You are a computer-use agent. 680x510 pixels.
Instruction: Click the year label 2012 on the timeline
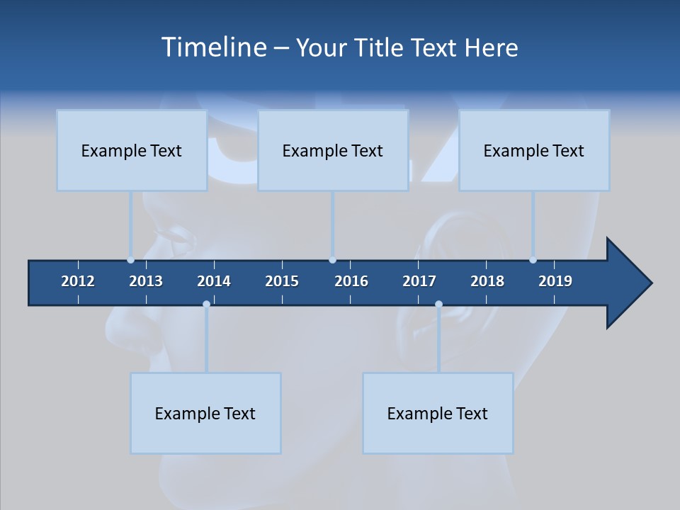pyautogui.click(x=78, y=281)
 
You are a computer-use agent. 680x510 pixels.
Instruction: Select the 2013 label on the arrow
pyautogui.click(x=146, y=281)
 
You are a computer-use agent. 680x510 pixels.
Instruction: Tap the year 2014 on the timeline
pyautogui.click(x=214, y=281)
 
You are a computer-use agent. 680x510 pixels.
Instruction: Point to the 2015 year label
pyautogui.click(x=282, y=281)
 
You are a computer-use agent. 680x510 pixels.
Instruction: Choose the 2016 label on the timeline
pyautogui.click(x=351, y=281)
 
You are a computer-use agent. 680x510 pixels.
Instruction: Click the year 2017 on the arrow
pyautogui.click(x=419, y=281)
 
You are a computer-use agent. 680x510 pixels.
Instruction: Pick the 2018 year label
pyautogui.click(x=487, y=281)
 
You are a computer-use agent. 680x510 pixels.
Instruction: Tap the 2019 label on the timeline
pyautogui.click(x=555, y=281)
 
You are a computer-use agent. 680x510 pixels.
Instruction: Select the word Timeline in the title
pyautogui.click(x=213, y=47)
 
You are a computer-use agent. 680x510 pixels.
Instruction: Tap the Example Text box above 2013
pyautogui.click(x=132, y=150)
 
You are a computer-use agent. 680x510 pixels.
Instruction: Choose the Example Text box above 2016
pyautogui.click(x=333, y=150)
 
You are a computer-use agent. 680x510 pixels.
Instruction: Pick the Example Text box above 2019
pyautogui.click(x=534, y=150)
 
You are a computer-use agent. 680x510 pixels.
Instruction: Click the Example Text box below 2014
pyautogui.click(x=205, y=413)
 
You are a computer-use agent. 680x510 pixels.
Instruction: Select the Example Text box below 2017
pyautogui.click(x=438, y=413)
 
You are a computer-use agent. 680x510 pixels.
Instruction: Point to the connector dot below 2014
pyautogui.click(x=206, y=304)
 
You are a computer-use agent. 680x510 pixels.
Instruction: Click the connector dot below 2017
pyautogui.click(x=438, y=304)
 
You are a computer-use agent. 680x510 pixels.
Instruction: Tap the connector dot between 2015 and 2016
pyautogui.click(x=332, y=260)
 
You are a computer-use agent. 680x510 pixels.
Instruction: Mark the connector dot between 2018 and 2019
pyautogui.click(x=533, y=260)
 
